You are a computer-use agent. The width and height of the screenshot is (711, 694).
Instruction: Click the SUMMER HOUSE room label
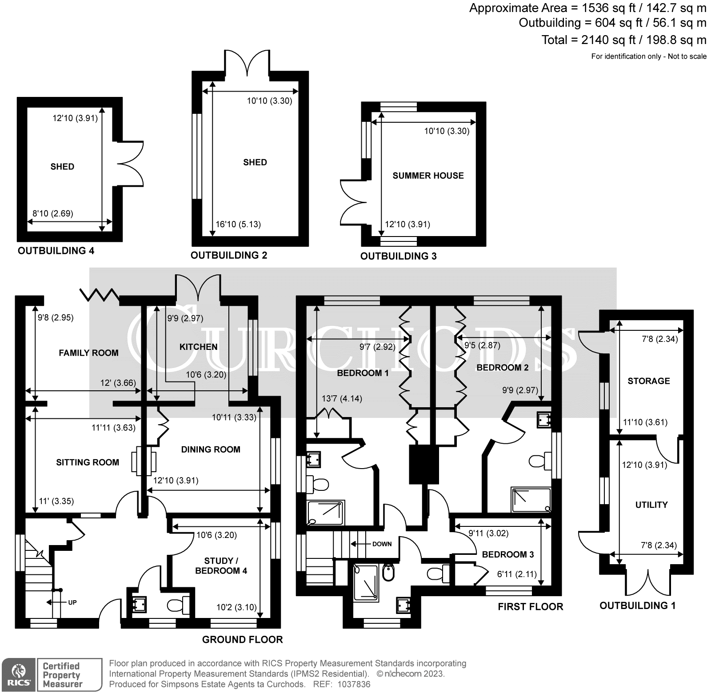428,176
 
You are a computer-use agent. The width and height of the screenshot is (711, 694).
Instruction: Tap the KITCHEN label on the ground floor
198,347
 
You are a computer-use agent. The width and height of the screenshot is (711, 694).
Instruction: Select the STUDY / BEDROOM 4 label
221,566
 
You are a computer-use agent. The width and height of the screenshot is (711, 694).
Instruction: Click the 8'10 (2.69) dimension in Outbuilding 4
52,213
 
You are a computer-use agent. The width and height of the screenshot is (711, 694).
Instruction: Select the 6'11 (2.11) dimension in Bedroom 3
513,574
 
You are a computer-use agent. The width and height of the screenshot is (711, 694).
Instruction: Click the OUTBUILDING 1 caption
637,606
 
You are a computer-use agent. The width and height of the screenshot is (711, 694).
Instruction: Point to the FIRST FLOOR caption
530,607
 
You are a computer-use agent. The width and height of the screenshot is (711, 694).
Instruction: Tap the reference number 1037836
353,684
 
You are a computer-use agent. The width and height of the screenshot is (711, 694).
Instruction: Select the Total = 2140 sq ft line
623,40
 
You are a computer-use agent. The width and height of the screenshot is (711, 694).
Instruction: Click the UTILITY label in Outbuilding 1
651,505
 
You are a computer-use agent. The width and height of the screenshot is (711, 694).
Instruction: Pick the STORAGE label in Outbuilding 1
648,381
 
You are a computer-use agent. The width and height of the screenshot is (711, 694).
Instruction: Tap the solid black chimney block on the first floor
423,465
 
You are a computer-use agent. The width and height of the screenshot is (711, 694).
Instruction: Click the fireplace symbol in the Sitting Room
144,462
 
